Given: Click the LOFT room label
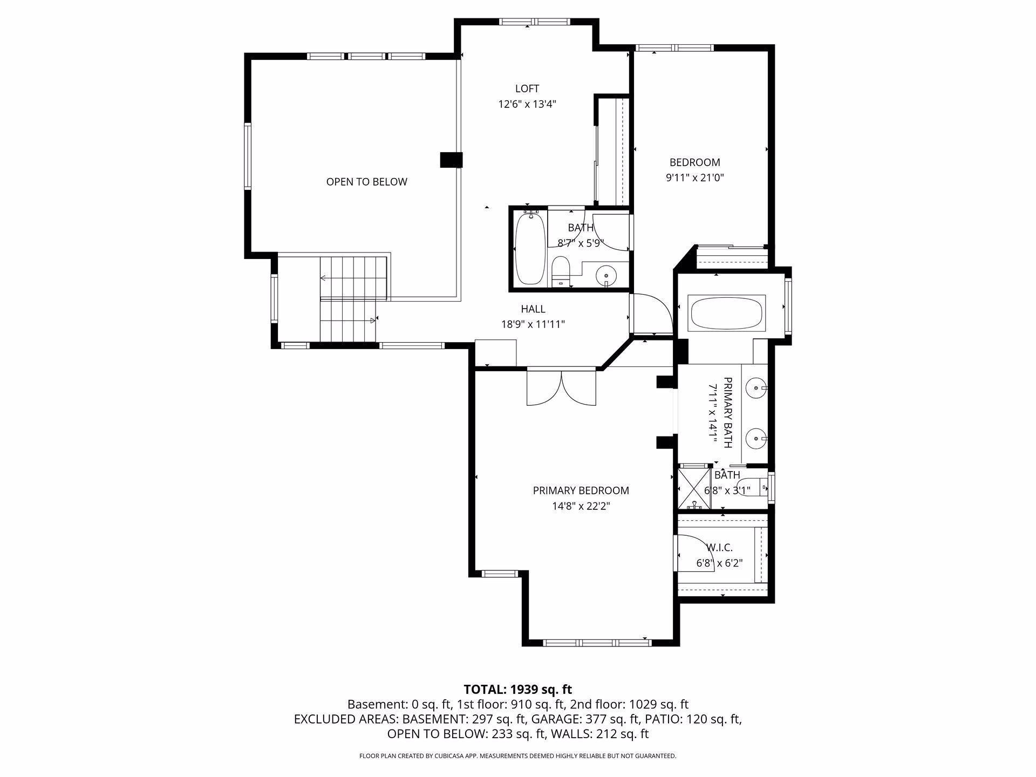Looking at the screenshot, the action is [527, 88].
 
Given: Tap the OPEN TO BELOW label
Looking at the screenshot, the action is [366, 182].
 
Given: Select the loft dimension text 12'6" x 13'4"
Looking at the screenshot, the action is [527, 104].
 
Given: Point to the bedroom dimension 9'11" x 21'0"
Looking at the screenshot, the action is [694, 178].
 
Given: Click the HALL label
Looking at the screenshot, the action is [533, 309].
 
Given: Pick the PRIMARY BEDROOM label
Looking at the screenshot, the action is [581, 490].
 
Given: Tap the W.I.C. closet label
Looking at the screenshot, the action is [719, 548].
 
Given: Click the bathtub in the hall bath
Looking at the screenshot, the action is [531, 248].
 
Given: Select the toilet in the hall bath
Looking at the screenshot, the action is [561, 271].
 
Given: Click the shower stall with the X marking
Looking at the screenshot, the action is [694, 489].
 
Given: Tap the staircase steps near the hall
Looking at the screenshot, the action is [353, 299].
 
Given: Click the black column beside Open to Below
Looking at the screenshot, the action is [452, 160].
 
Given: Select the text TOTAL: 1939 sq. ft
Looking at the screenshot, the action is [518, 689].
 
